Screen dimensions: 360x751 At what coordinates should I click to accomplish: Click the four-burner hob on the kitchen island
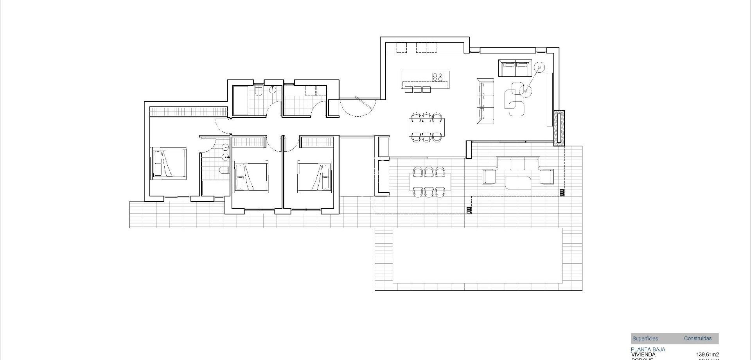pos(438,77)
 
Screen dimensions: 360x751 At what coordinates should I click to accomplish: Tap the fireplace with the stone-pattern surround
pos(559,128)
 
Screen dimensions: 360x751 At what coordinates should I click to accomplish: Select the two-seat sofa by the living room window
pos(515,68)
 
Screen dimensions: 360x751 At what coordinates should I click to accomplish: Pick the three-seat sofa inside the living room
pos(485,101)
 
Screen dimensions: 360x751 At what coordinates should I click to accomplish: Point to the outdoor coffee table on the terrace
pos(518,183)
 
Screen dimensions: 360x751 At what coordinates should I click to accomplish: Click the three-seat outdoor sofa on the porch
pos(518,163)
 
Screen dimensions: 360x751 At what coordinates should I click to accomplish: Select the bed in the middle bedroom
pos(251,176)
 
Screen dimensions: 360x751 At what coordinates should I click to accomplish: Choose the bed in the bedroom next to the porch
pos(315,176)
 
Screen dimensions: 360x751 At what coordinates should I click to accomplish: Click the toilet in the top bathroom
pos(258,91)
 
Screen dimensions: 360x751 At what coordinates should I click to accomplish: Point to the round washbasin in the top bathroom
pos(273,90)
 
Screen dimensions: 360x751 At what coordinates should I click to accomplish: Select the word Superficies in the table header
pos(645,338)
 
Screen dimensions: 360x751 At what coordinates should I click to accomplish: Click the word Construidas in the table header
pos(697,338)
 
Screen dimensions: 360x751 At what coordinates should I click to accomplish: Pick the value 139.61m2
pos(707,355)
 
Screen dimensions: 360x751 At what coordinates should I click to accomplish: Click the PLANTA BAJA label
pos(648,349)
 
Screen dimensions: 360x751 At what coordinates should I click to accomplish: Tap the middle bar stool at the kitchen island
pos(417,90)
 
